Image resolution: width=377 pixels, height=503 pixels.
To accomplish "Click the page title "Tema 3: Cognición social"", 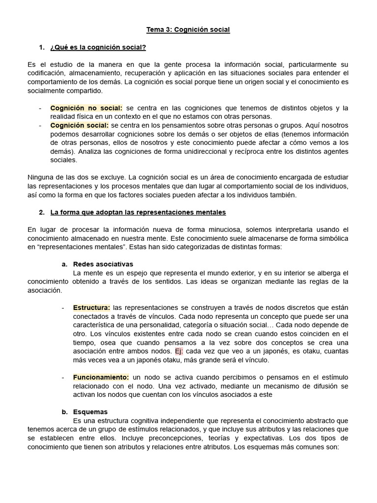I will pos(188,30).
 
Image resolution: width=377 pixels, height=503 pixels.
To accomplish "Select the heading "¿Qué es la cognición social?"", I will pos(98,47).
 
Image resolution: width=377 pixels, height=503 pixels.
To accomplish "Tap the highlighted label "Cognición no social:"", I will pos(87,108).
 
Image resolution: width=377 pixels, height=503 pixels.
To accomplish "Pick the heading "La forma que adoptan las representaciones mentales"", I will pos(138,212).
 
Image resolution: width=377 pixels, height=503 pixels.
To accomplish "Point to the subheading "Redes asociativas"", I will pos(103,264).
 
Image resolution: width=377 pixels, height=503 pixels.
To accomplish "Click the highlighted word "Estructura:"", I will pos(92,307).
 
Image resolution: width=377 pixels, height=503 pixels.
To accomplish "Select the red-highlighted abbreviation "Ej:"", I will pos(179,351).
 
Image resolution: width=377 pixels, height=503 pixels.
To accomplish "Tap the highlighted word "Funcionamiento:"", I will pos(101,377).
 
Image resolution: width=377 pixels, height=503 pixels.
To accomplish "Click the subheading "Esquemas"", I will pos(90,412).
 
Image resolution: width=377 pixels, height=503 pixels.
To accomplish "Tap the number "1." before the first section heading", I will pos(42,47).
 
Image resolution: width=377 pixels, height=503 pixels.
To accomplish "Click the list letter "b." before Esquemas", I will pos(64,412).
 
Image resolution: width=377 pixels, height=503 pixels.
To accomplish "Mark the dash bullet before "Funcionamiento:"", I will pos(63,377).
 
